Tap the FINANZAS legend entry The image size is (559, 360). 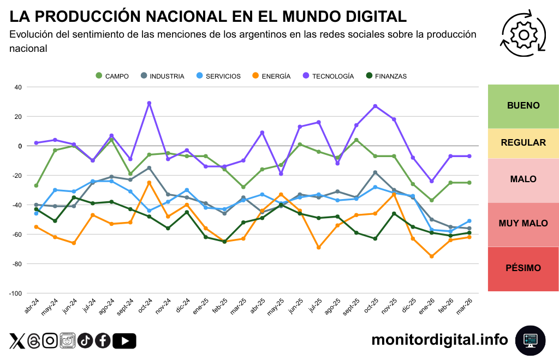pyautogui.click(x=386, y=76)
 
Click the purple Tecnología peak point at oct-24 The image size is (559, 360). pyautogui.click(x=149, y=103)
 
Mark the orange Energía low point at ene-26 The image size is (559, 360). pyautogui.click(x=432, y=256)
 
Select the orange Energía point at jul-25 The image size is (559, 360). pyautogui.click(x=319, y=248)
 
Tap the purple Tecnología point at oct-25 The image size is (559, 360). pyautogui.click(x=375, y=106)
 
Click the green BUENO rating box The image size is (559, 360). pyautogui.click(x=523, y=106)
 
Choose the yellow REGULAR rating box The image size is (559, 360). pyautogui.click(x=523, y=143)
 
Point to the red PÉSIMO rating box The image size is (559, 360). pyautogui.click(x=523, y=268)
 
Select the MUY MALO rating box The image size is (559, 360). pyautogui.click(x=523, y=224)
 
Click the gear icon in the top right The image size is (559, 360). pyautogui.click(x=524, y=34)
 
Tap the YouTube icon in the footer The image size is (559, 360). pyautogui.click(x=124, y=341)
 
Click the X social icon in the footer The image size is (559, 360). pyautogui.click(x=17, y=341)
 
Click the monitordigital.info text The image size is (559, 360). pyautogui.click(x=439, y=340)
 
